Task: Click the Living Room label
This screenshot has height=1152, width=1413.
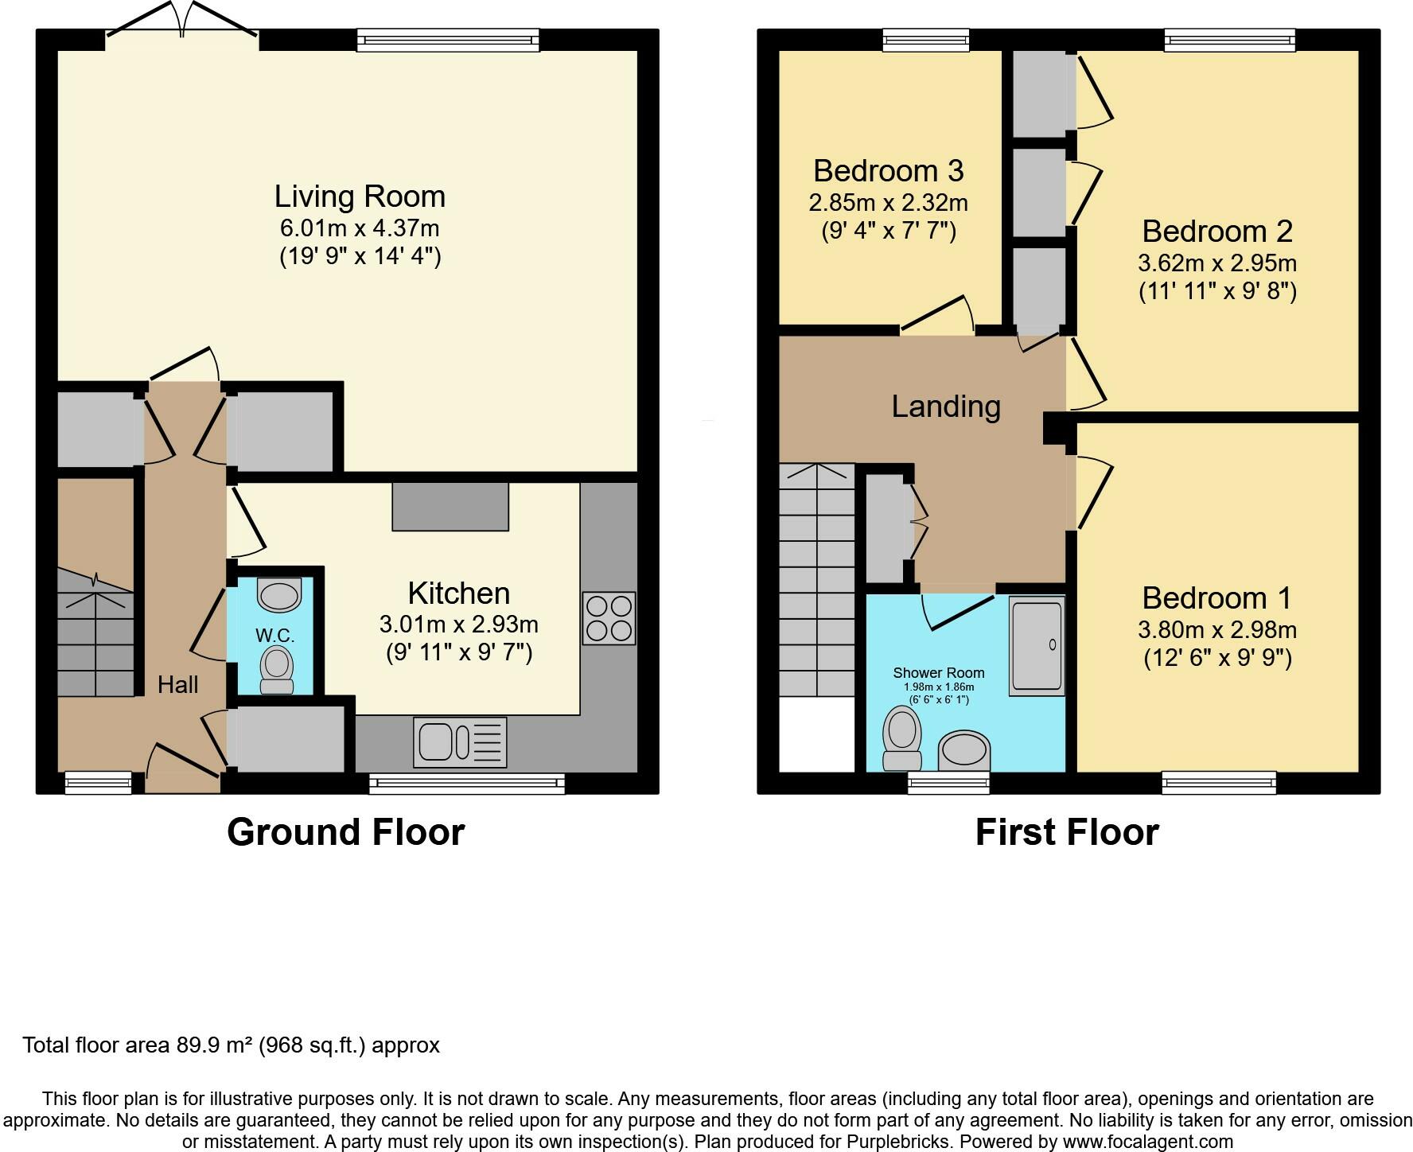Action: pos(360,197)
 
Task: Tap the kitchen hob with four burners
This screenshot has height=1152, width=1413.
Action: pos(609,618)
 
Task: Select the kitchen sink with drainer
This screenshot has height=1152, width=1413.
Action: pos(460,742)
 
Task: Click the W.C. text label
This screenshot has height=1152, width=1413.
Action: pos(275,636)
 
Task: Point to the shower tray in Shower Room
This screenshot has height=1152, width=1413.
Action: pos(1037,646)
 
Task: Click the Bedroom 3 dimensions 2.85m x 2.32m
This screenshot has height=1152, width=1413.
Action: pos(888,203)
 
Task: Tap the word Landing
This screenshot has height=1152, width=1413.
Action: pos(946,407)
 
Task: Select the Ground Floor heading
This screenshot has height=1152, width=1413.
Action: pos(346,832)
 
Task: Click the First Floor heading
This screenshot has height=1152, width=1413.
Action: pos(1067,832)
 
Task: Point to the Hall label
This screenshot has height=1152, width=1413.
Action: pos(178,684)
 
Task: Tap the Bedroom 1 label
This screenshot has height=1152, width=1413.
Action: pos(1216,597)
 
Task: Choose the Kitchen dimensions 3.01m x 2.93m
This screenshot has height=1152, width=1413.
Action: pos(459,625)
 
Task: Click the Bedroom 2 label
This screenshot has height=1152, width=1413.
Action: pos(1217,232)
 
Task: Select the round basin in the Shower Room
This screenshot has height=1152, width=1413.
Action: pos(964,751)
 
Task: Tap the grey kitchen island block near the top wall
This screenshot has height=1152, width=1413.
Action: pos(450,506)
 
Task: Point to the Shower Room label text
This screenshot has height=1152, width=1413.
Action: pos(939,672)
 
